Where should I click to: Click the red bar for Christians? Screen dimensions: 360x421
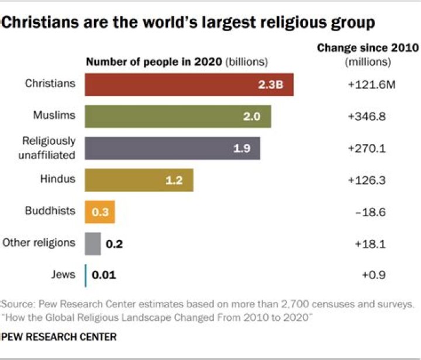click(x=189, y=84)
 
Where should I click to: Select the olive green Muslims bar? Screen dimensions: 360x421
click(x=178, y=116)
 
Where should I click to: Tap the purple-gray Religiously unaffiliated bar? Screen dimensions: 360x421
click(x=172, y=148)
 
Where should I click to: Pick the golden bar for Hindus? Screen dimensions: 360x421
click(x=139, y=180)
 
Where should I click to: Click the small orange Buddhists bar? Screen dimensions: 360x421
click(x=100, y=212)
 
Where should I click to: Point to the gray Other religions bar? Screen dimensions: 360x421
click(x=92, y=244)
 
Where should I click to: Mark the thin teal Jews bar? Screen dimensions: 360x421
click(x=86, y=275)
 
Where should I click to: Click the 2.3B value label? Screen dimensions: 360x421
click(x=271, y=85)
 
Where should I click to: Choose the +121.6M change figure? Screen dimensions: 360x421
click(x=371, y=85)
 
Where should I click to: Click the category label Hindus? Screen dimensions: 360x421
click(x=58, y=179)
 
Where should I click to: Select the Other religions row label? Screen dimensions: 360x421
click(x=39, y=242)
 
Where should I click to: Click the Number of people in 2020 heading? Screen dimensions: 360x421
click(x=154, y=61)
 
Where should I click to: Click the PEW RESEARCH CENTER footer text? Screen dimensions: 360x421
click(x=58, y=337)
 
